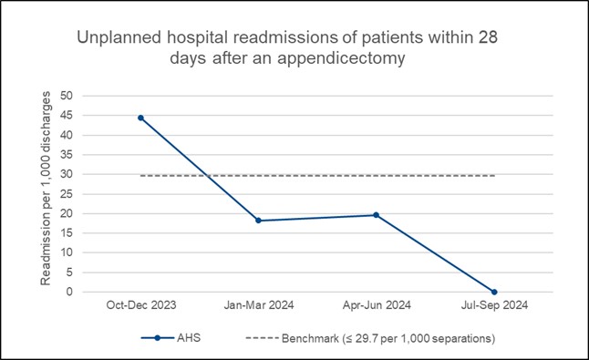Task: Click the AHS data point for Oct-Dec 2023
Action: pos(140,118)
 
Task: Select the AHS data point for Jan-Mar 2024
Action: pos(258,221)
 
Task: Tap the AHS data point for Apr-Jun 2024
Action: pos(376,215)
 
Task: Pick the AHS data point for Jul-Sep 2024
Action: pos(493,292)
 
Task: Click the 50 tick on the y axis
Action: pos(65,96)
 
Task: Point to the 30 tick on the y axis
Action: pos(65,174)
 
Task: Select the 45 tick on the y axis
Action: pos(65,116)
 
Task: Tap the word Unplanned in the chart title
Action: pos(115,40)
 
